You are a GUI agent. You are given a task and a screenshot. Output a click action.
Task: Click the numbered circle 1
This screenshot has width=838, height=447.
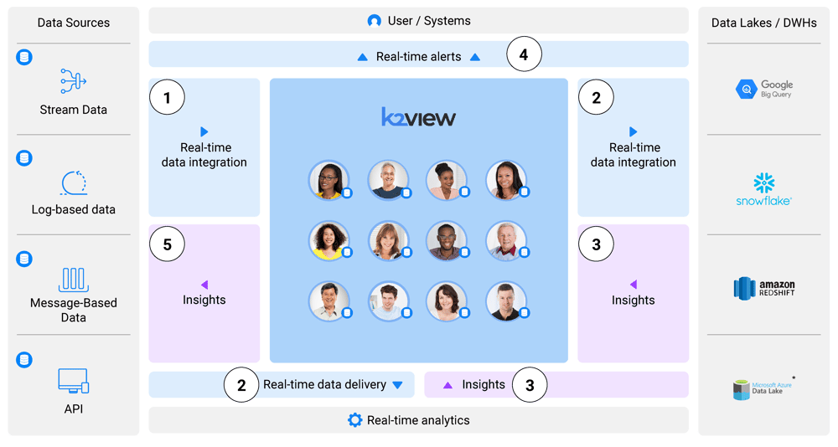point(167,98)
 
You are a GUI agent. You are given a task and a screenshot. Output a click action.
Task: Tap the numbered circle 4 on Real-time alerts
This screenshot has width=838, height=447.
point(524,56)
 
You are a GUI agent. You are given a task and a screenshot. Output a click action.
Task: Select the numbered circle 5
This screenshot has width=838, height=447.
point(167,244)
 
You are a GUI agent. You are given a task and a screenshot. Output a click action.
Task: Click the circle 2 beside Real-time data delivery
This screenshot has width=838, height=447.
point(241,385)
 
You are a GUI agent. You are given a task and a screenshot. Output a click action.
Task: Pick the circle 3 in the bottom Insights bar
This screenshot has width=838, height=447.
point(529,385)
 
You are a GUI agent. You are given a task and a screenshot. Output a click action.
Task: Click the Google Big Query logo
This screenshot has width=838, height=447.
point(763,89)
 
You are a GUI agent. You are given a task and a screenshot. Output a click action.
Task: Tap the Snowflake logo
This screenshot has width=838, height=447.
point(763,189)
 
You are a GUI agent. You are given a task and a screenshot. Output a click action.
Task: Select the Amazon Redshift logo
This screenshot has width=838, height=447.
point(763,288)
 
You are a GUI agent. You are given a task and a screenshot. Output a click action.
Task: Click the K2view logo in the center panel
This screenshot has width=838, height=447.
point(418,118)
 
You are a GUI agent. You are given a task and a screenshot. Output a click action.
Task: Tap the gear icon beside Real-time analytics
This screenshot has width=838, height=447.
point(354,420)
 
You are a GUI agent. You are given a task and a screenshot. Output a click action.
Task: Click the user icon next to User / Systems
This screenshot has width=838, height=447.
point(375,21)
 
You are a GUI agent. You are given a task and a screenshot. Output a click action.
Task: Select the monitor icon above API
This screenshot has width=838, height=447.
point(73,381)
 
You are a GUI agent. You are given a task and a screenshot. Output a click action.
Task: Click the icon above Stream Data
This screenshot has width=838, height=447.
point(73,81)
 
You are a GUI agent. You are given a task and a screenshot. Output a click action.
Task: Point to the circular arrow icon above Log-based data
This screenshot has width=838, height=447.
point(74,182)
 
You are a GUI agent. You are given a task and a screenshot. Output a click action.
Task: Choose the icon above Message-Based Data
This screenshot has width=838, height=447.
point(73,280)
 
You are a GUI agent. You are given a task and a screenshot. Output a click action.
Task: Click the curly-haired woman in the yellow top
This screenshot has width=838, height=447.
point(328,241)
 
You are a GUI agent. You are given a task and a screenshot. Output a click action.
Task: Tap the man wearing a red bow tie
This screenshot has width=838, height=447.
point(505,241)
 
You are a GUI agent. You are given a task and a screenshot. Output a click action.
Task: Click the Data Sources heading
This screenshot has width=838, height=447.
point(73,23)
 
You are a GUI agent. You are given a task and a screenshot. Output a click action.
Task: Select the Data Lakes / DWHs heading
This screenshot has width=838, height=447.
point(763,23)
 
